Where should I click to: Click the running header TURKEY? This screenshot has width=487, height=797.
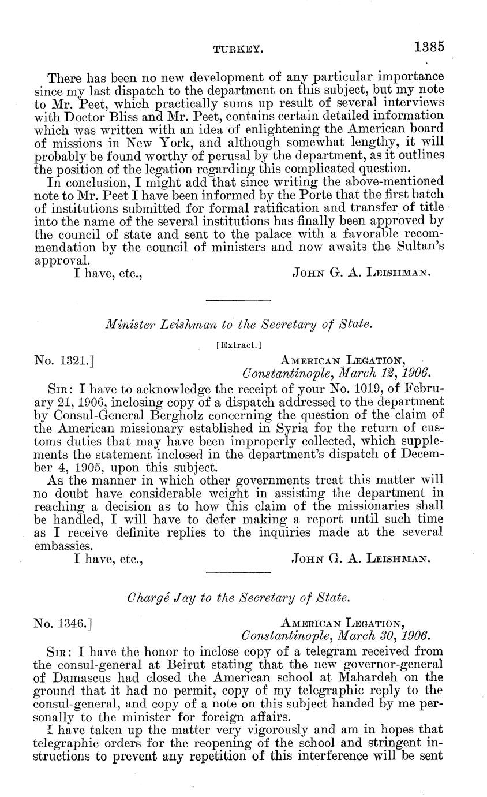[239, 50]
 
